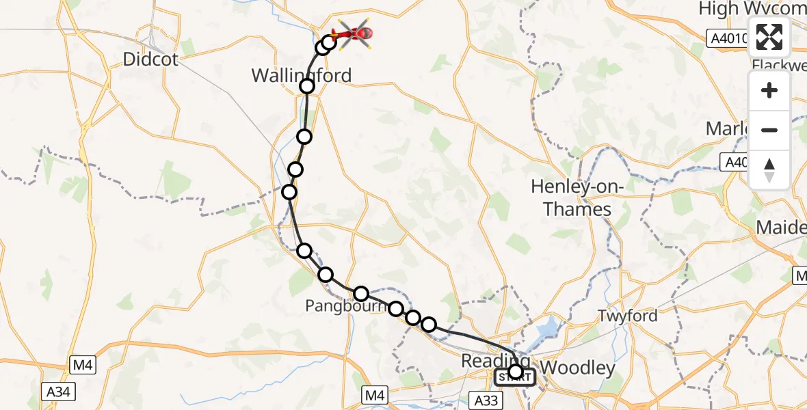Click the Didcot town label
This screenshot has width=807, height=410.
coord(150,59)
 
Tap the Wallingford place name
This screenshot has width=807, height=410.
coord(302,75)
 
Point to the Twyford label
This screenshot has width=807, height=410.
coord(627,316)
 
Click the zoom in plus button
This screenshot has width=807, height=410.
coord(769,91)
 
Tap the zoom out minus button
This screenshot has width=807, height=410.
coord(769,130)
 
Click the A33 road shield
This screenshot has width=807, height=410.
coord(486,397)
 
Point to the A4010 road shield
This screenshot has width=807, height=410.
coord(728,40)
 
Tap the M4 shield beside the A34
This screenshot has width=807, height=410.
coord(83,365)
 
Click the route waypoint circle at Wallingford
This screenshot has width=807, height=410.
coord(307,86)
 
